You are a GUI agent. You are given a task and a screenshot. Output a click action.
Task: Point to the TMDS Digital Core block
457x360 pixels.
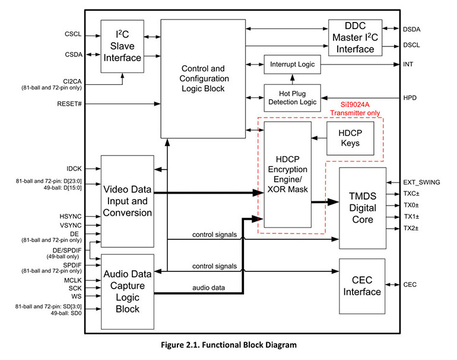pyautogui.click(x=362, y=208)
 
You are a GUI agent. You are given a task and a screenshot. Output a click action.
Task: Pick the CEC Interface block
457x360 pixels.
pyautogui.click(x=362, y=286)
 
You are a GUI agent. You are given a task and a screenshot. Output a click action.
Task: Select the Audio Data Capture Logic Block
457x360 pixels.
pyautogui.click(x=128, y=291)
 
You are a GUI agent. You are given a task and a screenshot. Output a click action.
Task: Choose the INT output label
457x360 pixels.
pyautogui.click(x=408, y=64)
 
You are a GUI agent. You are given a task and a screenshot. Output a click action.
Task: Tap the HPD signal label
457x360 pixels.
pyautogui.click(x=409, y=97)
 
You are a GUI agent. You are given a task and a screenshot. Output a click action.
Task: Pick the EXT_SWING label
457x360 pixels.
pyautogui.click(x=422, y=182)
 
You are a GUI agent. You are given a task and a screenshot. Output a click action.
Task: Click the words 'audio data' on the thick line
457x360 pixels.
pyautogui.click(x=208, y=287)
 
